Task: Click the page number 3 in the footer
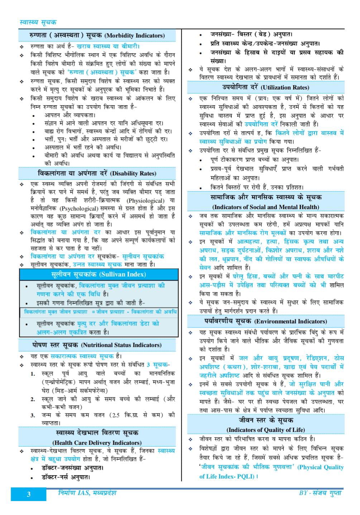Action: point(29,495)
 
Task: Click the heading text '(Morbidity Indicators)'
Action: point(135,36)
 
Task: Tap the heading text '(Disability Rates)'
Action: point(133,174)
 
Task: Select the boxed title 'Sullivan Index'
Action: point(99,274)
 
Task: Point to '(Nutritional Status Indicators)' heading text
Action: point(121,345)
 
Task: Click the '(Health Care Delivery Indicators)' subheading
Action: point(97,443)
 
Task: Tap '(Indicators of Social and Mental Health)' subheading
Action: point(265,207)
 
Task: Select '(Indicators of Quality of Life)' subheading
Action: point(265,430)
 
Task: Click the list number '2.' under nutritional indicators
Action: point(33,399)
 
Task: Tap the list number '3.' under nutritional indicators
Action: point(33,416)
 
